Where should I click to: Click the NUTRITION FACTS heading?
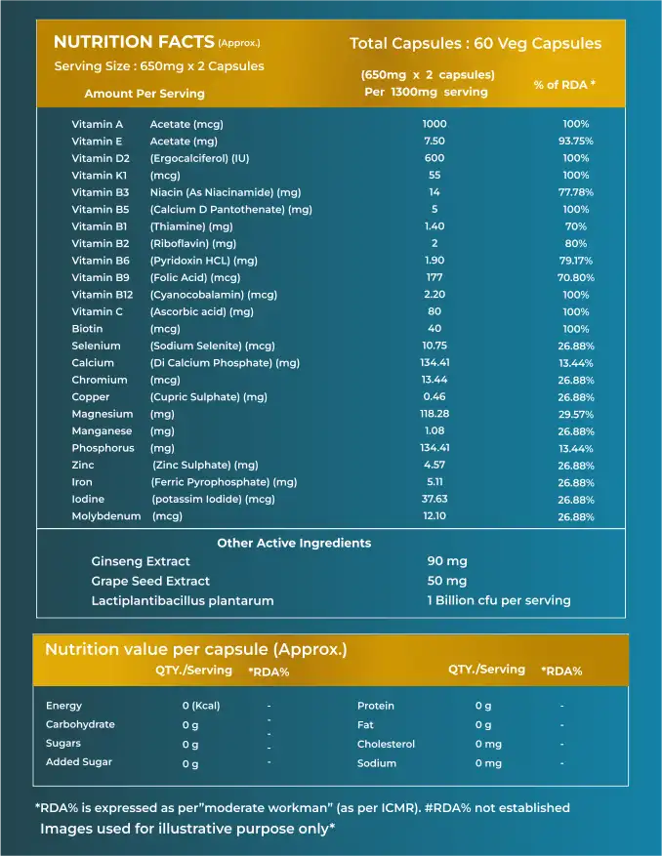tap(134, 42)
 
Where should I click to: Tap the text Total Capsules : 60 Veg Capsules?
tap(476, 43)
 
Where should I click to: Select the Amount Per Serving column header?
tap(145, 94)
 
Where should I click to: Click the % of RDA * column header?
tap(563, 85)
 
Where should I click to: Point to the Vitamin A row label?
tap(98, 124)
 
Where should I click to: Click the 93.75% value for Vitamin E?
tap(576, 141)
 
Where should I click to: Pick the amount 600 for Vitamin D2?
tap(434, 158)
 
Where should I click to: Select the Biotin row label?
tap(87, 329)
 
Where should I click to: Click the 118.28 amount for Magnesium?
tap(434, 414)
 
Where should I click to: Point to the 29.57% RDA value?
tap(576, 414)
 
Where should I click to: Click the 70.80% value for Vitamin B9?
tap(576, 277)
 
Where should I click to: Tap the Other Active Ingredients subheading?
tap(294, 543)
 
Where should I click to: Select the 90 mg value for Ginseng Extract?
tap(447, 561)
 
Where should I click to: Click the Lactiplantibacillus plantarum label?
tap(183, 600)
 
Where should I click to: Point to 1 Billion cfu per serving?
tap(499, 600)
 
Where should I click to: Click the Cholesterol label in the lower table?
tap(386, 744)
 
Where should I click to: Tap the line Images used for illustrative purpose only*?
tap(187, 829)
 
